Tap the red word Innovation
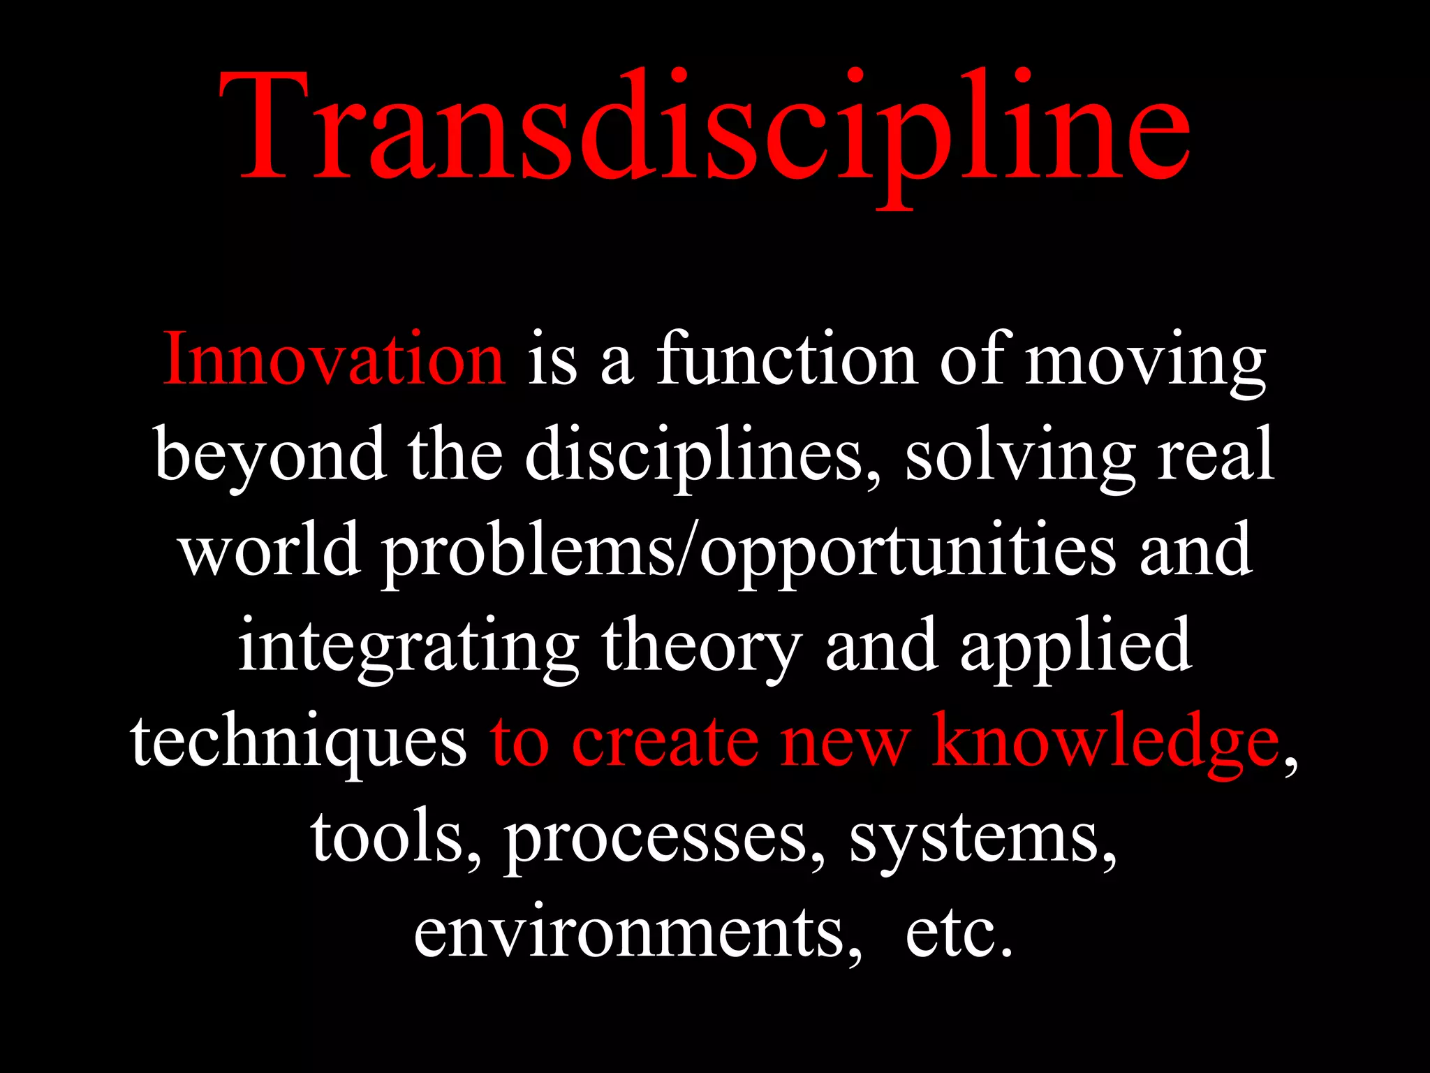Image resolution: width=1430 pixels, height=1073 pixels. pyautogui.click(x=334, y=360)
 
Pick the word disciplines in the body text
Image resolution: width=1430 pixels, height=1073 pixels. pyautogui.click(x=695, y=458)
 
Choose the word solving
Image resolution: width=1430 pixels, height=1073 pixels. pyautogui.click(x=1020, y=459)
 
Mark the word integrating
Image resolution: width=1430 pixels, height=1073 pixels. pyautogui.click(x=408, y=648)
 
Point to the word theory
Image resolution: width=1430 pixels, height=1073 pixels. pyautogui.click(x=702, y=648)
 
